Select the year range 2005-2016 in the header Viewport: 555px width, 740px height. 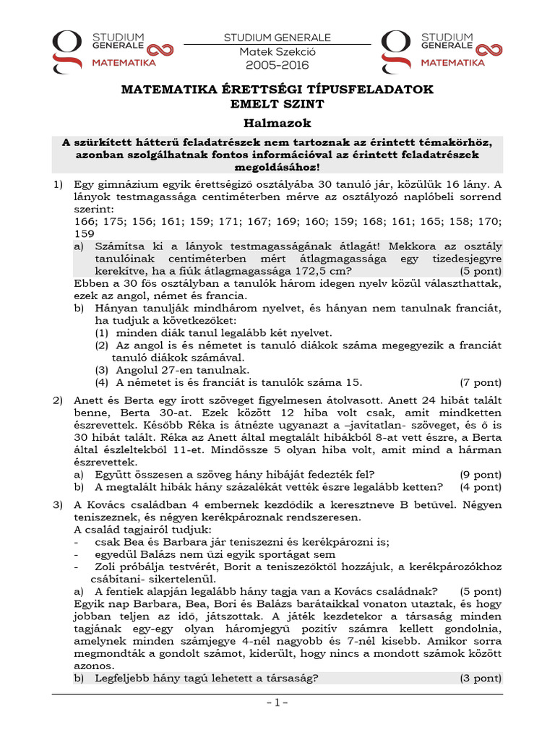(277, 65)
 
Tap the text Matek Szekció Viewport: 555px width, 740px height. (277, 51)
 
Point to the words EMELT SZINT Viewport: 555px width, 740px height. (277, 103)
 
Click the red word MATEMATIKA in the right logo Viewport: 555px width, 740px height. (452, 63)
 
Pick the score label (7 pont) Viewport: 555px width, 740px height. (480, 382)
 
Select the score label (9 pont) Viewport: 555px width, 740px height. (480, 474)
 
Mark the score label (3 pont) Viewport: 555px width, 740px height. (480, 678)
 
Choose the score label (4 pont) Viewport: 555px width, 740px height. (480, 487)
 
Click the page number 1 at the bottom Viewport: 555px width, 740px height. (277, 702)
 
